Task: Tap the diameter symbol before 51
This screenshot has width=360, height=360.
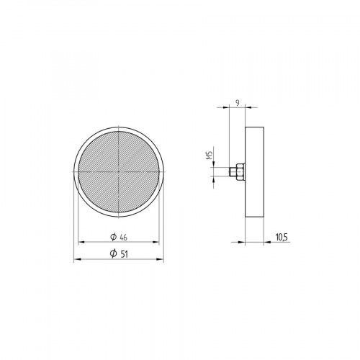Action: click(x=113, y=253)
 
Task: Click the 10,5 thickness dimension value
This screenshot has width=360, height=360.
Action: click(x=282, y=235)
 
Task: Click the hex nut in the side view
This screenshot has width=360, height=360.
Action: click(x=240, y=173)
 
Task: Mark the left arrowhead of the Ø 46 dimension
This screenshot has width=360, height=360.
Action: click(x=80, y=242)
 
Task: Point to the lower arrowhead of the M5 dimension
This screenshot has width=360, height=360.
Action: click(x=214, y=179)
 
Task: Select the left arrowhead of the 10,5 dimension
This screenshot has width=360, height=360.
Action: click(x=247, y=240)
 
